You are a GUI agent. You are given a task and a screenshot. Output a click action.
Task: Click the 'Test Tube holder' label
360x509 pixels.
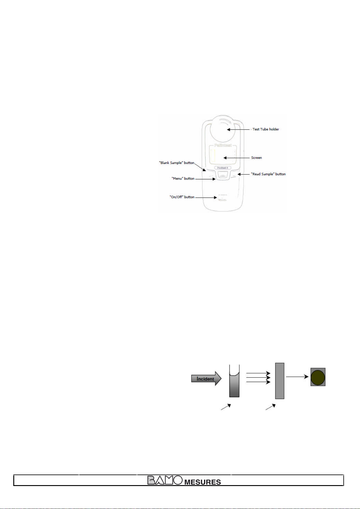tap(265, 129)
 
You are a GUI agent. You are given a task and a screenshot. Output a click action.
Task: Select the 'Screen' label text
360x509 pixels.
tap(256, 158)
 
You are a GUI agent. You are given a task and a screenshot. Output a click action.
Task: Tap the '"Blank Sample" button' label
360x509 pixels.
tap(177, 163)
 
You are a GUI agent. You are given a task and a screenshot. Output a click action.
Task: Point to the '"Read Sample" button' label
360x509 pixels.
tap(268, 174)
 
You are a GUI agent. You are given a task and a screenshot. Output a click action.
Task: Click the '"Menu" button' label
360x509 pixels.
tap(183, 178)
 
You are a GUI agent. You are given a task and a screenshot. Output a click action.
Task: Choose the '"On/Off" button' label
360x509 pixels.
tap(182, 197)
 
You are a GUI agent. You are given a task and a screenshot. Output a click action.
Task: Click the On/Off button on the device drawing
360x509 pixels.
tap(222, 197)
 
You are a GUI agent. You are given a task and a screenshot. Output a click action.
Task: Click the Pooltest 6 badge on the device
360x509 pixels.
tap(222, 168)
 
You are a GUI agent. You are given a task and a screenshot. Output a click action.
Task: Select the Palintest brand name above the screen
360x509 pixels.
tap(223, 145)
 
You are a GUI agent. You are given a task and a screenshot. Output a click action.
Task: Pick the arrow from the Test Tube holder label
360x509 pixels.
tap(238, 129)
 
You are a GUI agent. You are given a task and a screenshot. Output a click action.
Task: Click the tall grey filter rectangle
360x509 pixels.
tap(280, 381)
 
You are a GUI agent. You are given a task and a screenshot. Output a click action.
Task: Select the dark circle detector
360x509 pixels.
tap(318, 377)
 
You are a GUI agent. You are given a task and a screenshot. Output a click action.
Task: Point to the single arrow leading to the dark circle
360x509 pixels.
tap(297, 377)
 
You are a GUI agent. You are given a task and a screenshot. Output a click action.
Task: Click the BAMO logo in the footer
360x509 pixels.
tap(165, 480)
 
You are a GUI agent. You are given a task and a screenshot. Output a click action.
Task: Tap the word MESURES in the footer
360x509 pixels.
tap(203, 482)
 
